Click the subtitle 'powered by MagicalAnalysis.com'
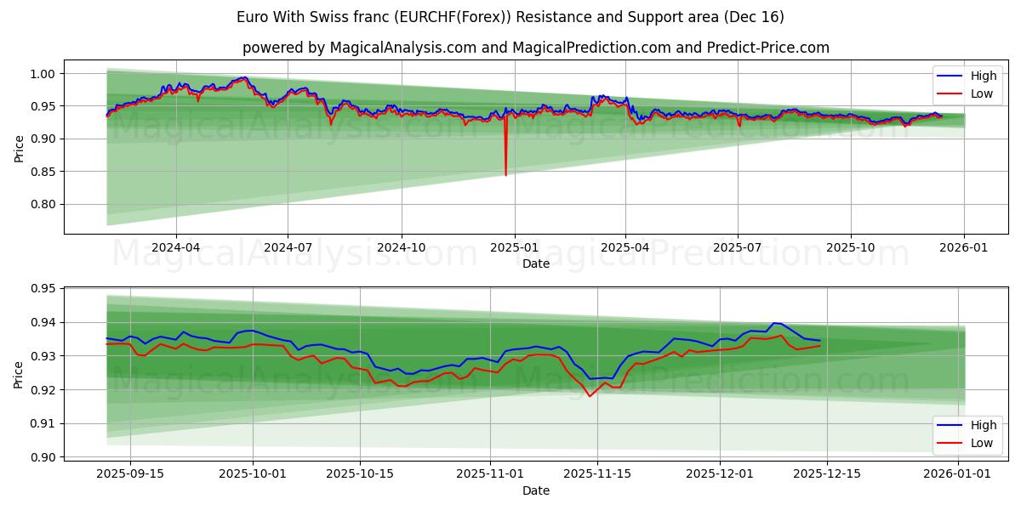(535, 48)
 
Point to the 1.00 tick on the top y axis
(43, 74)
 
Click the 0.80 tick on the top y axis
(43, 204)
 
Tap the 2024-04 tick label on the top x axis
(176, 246)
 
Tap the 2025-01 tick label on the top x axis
(514, 246)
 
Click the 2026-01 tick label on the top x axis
(964, 246)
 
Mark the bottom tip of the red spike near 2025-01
(505, 175)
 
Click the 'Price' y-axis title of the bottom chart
(20, 373)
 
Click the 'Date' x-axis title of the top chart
(535, 263)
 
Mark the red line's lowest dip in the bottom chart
(590, 396)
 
